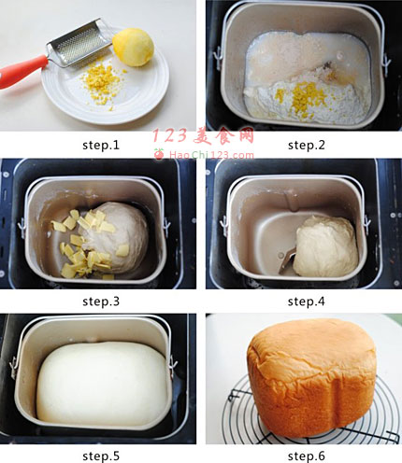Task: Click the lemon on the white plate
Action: (x=134, y=47)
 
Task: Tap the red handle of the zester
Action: (x=22, y=71)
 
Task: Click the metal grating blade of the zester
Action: (x=79, y=43)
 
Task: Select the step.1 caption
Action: (x=101, y=146)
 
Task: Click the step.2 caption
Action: (x=307, y=146)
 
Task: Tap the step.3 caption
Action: (x=101, y=302)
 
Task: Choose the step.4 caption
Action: (x=307, y=302)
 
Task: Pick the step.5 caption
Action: (x=101, y=456)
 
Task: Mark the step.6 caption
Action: (x=307, y=456)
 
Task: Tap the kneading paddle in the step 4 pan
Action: (x=287, y=260)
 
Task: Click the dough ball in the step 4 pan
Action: (x=325, y=246)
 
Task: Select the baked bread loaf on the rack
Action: (x=311, y=377)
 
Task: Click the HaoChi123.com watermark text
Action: (x=211, y=155)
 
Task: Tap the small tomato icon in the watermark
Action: (x=159, y=154)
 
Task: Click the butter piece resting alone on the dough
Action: (x=122, y=250)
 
